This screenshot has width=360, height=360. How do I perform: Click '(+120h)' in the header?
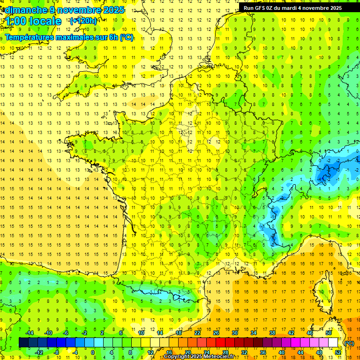[x=83, y=21]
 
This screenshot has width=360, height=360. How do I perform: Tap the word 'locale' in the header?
[x=45, y=21]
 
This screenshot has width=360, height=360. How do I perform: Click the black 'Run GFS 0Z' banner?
[x=292, y=7]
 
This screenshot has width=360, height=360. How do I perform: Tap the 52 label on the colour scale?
[x=338, y=352]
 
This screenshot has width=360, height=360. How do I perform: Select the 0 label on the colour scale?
[x=93, y=352]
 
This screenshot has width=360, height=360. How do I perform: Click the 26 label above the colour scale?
[x=216, y=333]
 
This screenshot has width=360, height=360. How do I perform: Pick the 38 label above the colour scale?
[x=272, y=333]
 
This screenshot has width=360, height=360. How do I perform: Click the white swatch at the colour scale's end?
[x=333, y=343]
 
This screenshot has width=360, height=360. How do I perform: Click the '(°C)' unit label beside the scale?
[x=349, y=343]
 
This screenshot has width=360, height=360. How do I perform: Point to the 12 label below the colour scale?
[x=150, y=352]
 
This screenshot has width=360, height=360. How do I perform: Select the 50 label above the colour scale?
[x=329, y=333]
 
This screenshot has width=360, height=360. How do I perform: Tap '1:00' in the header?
[x=15, y=21]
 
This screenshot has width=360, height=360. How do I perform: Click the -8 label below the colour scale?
[x=56, y=352]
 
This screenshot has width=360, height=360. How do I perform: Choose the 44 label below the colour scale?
[x=300, y=352]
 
